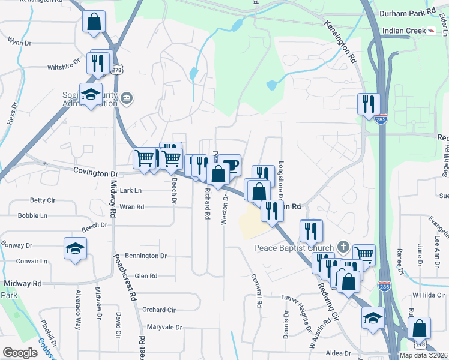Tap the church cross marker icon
click(343, 246)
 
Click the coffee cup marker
click(229, 164)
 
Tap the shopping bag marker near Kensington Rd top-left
click(95, 22)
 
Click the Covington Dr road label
click(96, 172)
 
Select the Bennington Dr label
click(146, 256)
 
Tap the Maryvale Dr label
click(163, 327)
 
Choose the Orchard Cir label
click(158, 310)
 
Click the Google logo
click(20, 353)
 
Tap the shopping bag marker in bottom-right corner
click(419, 328)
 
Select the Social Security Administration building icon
click(127, 98)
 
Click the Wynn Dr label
click(18, 41)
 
